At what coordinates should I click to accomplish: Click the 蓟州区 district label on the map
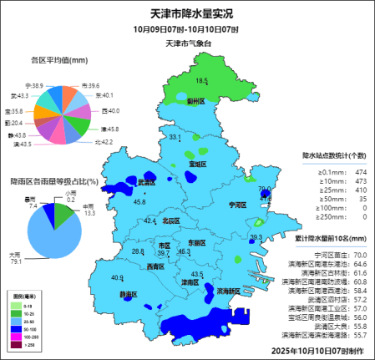point(196,100)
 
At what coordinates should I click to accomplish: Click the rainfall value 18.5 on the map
point(201,81)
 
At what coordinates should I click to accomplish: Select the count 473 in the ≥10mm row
point(361,180)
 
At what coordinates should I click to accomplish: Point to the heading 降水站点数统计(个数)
point(334,155)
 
